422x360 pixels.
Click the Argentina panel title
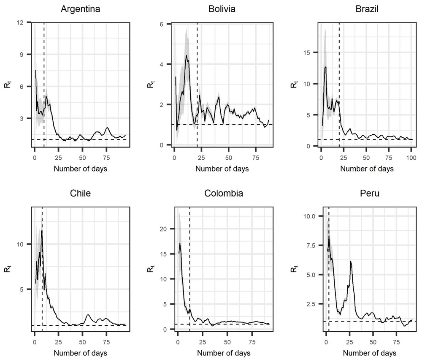click(x=80, y=9)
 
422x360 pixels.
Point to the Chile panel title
click(x=80, y=194)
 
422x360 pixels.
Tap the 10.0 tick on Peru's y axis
click(x=306, y=216)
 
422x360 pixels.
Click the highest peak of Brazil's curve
click(x=325, y=67)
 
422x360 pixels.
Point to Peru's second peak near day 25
click(x=351, y=262)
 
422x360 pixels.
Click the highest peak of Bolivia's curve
click(x=186, y=55)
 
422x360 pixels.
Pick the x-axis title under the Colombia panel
click(x=224, y=352)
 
